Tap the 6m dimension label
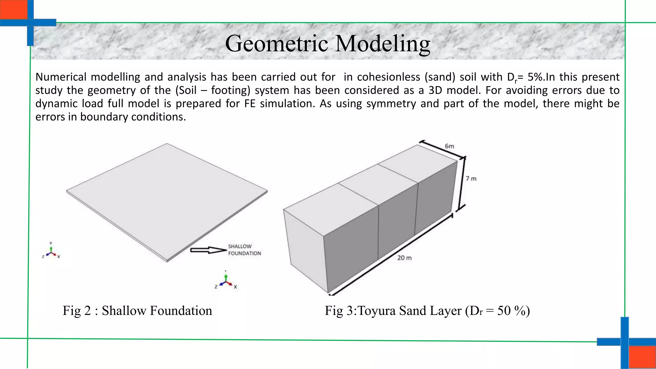[x=449, y=146]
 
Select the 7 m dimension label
[x=471, y=179]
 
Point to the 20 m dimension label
[x=404, y=258]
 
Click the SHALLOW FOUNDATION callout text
[x=244, y=250]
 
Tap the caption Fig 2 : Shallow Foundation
[x=137, y=311]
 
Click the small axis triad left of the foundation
[x=51, y=251]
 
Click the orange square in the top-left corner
[x=13, y=9]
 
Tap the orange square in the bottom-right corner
[x=642, y=357]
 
